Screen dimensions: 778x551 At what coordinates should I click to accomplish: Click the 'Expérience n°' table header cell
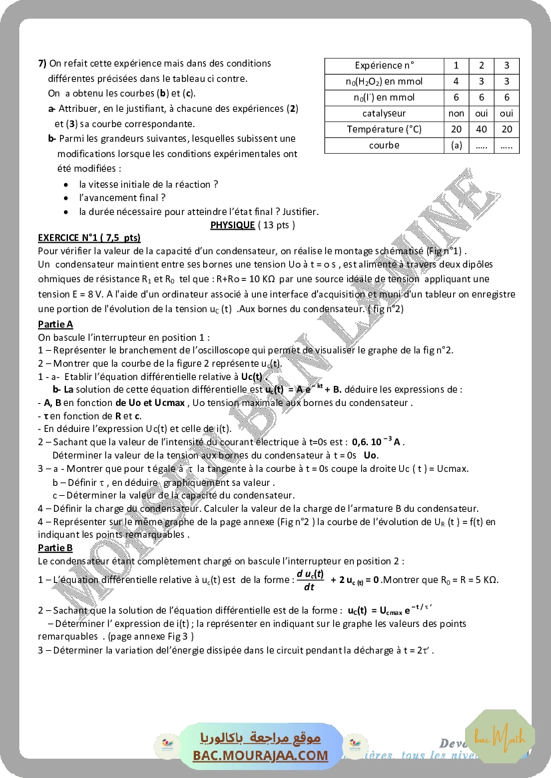click(384, 65)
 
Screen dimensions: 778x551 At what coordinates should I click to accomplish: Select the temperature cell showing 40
click(482, 129)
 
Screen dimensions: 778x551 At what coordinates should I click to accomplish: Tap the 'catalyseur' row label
click(384, 113)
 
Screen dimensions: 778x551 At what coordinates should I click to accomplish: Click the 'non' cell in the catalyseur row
click(456, 113)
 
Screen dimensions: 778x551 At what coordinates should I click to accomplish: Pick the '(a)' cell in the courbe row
click(456, 145)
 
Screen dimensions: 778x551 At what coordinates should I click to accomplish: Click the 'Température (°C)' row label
click(384, 129)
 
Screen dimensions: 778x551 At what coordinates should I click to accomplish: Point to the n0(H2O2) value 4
click(456, 81)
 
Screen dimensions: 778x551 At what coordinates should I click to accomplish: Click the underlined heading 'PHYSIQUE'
click(233, 225)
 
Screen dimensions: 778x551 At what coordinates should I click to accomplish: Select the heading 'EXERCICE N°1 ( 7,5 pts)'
click(89, 237)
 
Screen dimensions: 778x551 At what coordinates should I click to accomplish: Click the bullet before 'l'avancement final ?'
click(65, 198)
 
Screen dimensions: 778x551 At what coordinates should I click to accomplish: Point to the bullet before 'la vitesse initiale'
click(65, 184)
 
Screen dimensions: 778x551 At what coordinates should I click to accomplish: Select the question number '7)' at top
click(42, 63)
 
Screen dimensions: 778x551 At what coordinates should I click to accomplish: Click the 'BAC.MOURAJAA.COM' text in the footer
click(261, 755)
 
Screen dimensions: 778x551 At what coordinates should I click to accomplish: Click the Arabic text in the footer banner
click(261, 737)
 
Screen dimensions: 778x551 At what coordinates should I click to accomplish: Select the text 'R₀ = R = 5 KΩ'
click(465, 580)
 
